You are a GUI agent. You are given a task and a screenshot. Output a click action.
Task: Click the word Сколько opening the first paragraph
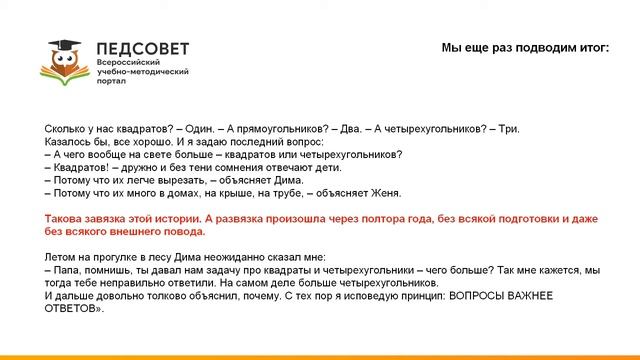(x=66, y=129)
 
